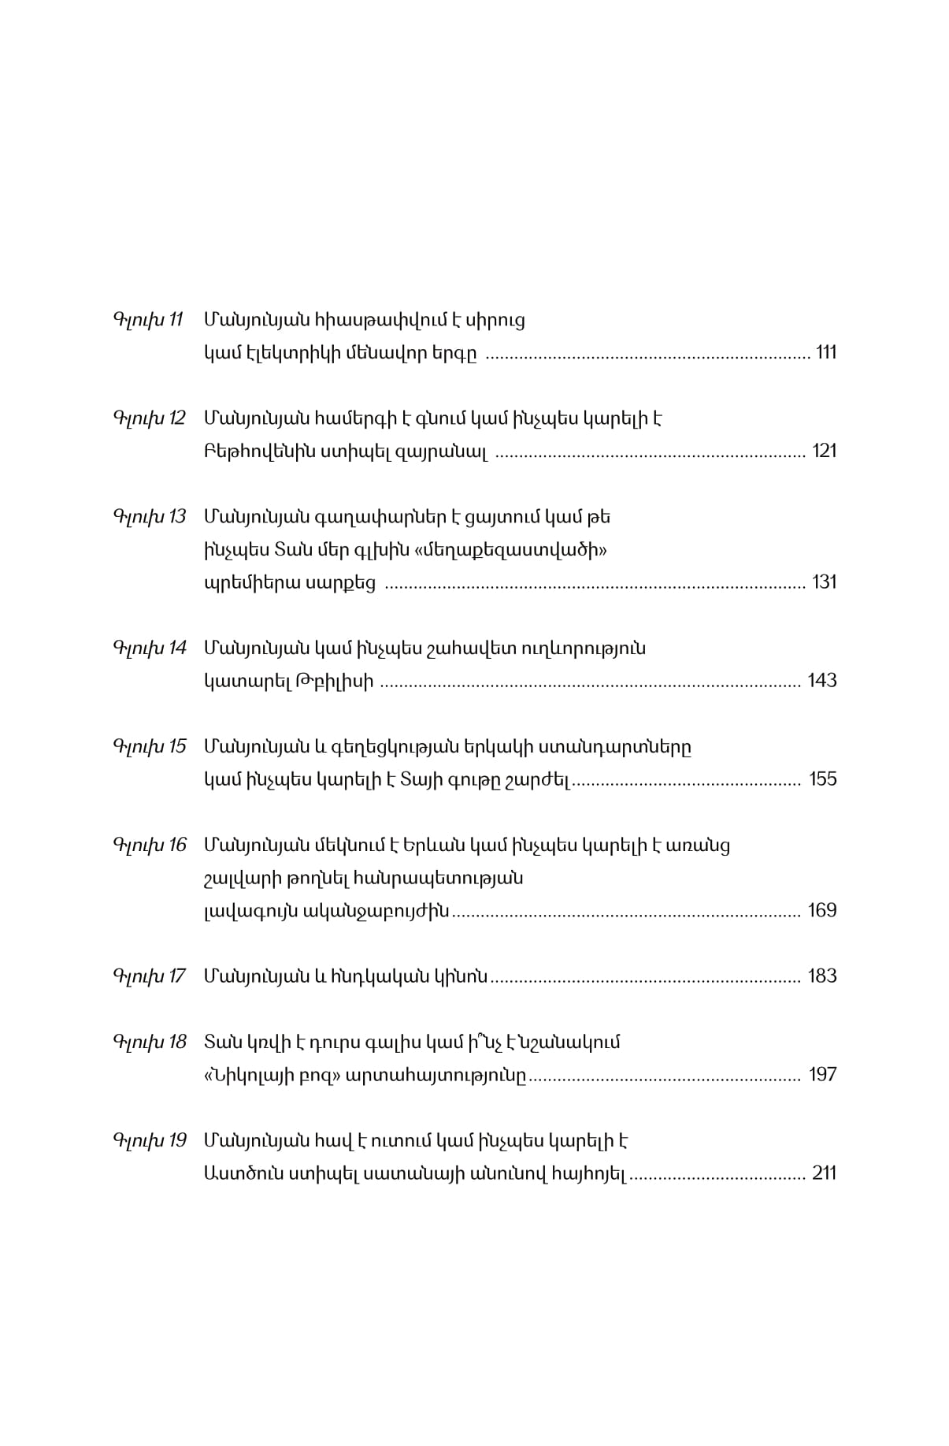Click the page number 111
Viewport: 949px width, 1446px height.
click(x=825, y=352)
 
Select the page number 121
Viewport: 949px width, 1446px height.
click(x=824, y=451)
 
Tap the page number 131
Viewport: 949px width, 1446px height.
click(x=824, y=582)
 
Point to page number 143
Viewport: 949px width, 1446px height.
click(x=821, y=681)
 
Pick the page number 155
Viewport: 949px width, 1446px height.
click(x=822, y=779)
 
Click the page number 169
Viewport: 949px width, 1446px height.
click(x=821, y=911)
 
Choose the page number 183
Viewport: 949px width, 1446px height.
click(x=821, y=976)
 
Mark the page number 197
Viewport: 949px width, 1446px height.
click(x=822, y=1075)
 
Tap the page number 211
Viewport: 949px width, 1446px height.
click(x=824, y=1173)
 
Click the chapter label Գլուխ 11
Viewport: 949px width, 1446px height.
click(x=148, y=320)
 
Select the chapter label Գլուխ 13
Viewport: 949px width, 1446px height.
click(x=149, y=517)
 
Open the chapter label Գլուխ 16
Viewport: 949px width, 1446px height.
click(x=149, y=846)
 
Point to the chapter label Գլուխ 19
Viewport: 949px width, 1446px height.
click(x=149, y=1141)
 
